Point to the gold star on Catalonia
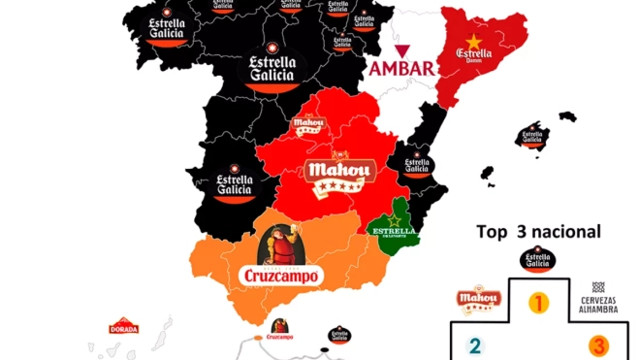pyautogui.click(x=474, y=42)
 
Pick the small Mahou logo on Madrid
pyautogui.click(x=307, y=124)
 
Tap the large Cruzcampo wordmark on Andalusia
pyautogui.click(x=278, y=276)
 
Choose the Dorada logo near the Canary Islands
pyautogui.click(x=123, y=327)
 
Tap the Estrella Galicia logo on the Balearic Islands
pyautogui.click(x=532, y=137)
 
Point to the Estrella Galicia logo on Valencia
pyautogui.click(x=416, y=166)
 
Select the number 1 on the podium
pyautogui.click(x=536, y=302)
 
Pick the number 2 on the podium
pyautogui.click(x=474, y=344)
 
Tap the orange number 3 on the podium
pyautogui.click(x=599, y=344)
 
